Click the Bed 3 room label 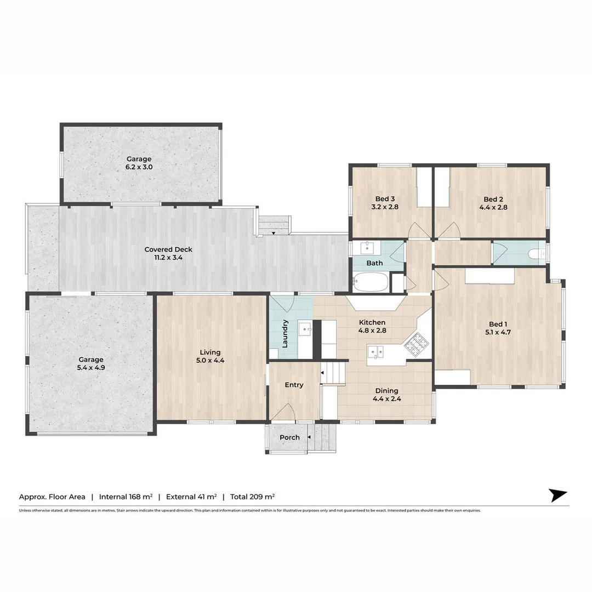(384, 199)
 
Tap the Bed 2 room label (493, 199)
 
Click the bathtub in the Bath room (371, 283)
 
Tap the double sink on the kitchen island (376, 351)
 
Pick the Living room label (210, 352)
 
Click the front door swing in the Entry (284, 412)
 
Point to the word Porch (289, 437)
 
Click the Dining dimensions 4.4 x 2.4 (386, 399)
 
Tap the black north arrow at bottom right (558, 495)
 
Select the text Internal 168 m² (126, 497)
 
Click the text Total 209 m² (252, 497)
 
